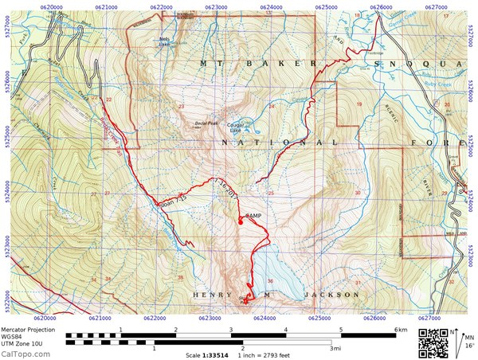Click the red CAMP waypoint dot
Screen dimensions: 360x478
coord(240,222)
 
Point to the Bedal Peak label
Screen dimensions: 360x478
coord(206,123)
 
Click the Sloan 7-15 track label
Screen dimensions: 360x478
coord(172,199)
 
